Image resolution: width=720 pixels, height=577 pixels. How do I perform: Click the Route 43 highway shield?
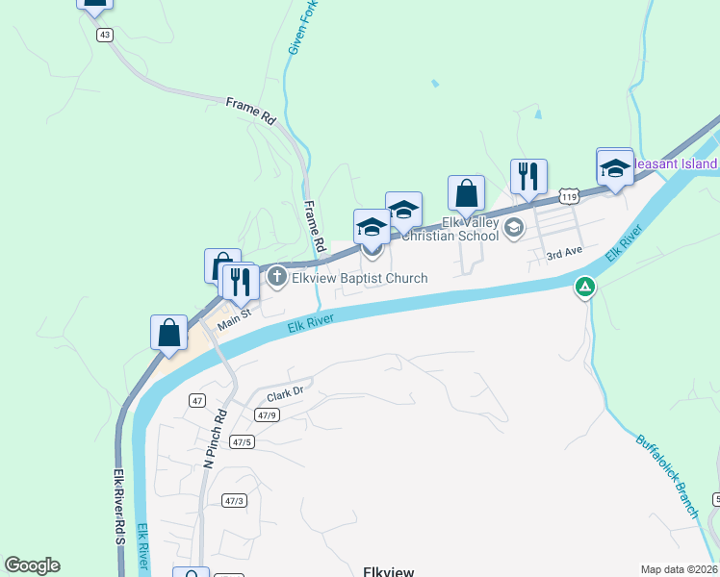(105, 34)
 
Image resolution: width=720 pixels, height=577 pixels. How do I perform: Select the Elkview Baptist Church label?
(359, 279)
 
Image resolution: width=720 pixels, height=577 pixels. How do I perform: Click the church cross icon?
(277, 278)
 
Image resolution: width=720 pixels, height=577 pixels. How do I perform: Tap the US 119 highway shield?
(570, 197)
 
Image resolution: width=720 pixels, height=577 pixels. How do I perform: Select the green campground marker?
(584, 286)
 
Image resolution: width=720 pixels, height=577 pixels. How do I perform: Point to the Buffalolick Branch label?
(667, 476)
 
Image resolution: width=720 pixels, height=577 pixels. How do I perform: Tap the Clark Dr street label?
(285, 394)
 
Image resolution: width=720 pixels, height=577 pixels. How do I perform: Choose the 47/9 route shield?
(268, 415)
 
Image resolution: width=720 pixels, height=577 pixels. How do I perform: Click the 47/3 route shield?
(234, 500)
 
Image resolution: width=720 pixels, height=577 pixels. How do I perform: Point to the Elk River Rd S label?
(120, 505)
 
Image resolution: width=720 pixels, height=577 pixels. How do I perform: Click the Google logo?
(32, 565)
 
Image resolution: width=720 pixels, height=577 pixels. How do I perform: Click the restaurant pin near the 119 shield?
(528, 177)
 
